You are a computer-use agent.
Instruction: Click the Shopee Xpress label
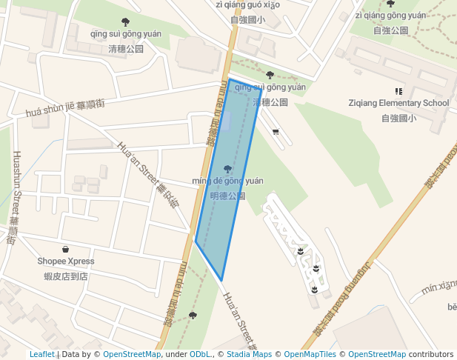click(x=66, y=261)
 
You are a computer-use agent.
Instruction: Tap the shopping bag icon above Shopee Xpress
click(x=66, y=250)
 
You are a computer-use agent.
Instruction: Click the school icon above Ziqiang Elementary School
click(x=398, y=91)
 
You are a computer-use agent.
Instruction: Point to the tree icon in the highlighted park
click(x=227, y=170)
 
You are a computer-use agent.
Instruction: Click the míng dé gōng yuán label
click(x=227, y=181)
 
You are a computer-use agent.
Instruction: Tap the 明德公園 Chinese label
click(x=227, y=196)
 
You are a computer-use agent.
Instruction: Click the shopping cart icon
click(x=276, y=132)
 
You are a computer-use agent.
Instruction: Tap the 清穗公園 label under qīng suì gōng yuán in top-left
click(x=126, y=49)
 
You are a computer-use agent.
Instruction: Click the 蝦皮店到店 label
click(x=66, y=276)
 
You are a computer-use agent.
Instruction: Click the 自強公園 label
click(x=390, y=30)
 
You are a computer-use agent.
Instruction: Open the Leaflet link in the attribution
click(x=41, y=354)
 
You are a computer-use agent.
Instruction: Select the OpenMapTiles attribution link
click(x=310, y=354)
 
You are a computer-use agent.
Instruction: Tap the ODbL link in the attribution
click(x=199, y=354)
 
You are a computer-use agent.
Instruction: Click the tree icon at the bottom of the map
click(x=193, y=316)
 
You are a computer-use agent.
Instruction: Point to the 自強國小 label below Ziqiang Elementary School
click(x=398, y=118)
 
